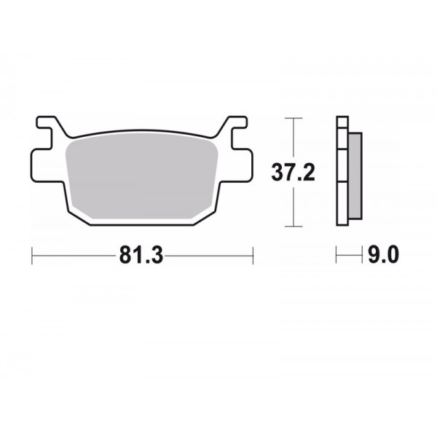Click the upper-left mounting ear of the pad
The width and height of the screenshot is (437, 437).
pyautogui.click(x=50, y=127)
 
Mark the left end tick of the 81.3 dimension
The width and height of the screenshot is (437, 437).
pyautogui.click(x=33, y=256)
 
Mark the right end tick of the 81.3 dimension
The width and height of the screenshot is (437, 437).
pyautogui.click(x=252, y=256)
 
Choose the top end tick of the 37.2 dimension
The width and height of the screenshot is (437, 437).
pyautogui.click(x=292, y=117)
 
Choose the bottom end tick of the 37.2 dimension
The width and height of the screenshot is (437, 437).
pyautogui.click(x=292, y=227)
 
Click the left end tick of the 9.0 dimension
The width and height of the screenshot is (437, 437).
pyautogui.click(x=337, y=256)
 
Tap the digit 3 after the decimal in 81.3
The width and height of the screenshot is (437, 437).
pyautogui.click(x=155, y=256)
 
